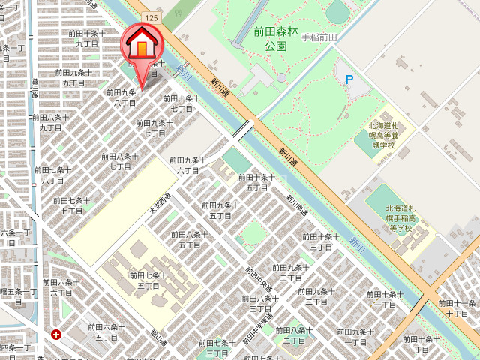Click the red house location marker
pos(139,47)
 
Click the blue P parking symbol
pos(349,78)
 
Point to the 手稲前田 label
pos(321,37)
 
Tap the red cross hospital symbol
pos(56,334)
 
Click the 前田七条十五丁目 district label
pos(149,280)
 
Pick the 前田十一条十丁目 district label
pos(455,308)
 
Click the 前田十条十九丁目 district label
pos(84,38)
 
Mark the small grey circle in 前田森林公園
pos(281,76)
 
